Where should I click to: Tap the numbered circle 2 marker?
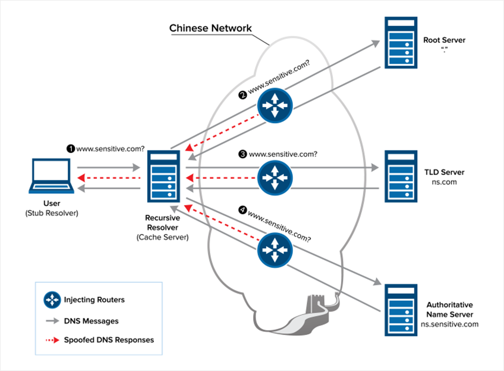(242, 95)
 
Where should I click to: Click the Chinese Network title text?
(211, 28)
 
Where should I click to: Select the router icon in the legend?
(52, 300)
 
